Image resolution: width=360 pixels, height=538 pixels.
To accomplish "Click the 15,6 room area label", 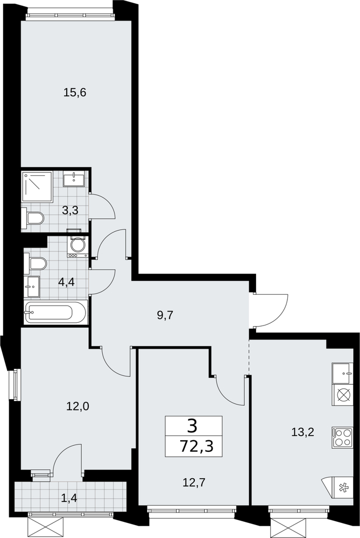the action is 74,93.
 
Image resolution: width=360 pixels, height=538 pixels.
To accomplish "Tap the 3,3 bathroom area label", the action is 70,210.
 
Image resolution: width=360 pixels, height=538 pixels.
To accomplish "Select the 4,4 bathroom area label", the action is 67,282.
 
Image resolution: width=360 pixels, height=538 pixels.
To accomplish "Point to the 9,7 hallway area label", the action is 165,315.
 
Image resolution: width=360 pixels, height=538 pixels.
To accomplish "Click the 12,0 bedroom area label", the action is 77,407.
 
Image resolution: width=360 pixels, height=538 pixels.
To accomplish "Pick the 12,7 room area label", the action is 194,483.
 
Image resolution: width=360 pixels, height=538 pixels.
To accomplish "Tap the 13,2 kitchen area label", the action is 302,432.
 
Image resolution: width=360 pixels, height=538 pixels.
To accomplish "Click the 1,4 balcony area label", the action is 69,497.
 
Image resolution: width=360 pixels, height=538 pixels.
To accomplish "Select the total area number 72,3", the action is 196,447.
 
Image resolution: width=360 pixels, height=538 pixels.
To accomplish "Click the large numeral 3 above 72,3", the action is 193,427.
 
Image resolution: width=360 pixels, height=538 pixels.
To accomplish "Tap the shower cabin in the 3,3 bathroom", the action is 38,187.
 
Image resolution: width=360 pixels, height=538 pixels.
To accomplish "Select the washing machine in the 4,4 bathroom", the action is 78,246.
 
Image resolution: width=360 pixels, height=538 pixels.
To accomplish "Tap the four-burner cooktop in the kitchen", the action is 342,437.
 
